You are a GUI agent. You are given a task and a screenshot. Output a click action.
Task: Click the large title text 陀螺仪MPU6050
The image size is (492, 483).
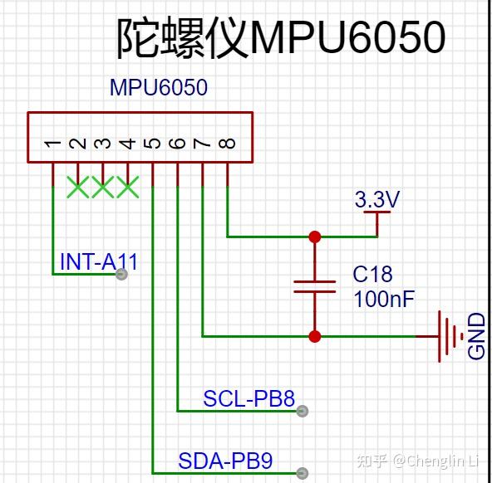[x=281, y=37]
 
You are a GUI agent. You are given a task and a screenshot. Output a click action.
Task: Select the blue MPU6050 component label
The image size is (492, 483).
[x=159, y=87]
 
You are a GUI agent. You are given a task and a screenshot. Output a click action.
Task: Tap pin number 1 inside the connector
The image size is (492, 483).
[x=52, y=144]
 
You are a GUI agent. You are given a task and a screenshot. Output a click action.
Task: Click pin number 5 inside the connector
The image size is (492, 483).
[x=152, y=144]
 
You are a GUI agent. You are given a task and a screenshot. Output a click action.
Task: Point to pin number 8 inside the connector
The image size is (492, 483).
[x=227, y=144]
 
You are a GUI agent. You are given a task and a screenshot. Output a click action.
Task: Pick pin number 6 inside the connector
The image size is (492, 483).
[x=177, y=144]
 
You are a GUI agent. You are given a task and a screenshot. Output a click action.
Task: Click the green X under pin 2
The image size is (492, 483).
[x=78, y=187]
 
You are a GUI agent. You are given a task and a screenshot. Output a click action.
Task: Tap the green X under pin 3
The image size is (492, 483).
[x=102, y=187]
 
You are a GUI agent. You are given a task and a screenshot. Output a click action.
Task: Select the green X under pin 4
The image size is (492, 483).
[x=128, y=187]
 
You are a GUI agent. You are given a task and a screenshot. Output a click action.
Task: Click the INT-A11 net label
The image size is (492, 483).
[x=99, y=261]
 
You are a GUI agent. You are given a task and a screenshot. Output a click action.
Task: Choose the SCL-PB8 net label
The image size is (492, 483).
[x=248, y=398]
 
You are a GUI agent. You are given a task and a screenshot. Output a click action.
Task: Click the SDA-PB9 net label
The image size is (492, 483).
[x=225, y=461]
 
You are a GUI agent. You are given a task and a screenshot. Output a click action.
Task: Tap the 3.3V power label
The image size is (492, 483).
[x=376, y=199]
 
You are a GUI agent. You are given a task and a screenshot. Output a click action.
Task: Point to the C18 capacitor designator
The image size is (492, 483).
[x=372, y=274]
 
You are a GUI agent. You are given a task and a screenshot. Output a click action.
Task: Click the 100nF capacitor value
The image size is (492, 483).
[x=384, y=299]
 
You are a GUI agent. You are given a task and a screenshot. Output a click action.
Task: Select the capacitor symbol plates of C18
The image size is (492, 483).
[x=314, y=286]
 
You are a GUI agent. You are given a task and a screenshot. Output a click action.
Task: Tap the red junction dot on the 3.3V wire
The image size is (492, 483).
[x=314, y=237]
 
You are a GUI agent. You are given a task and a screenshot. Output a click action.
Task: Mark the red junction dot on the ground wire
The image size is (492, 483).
[x=314, y=336]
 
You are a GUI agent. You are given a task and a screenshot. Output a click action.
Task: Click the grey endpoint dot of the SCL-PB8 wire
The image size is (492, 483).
[x=303, y=411]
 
